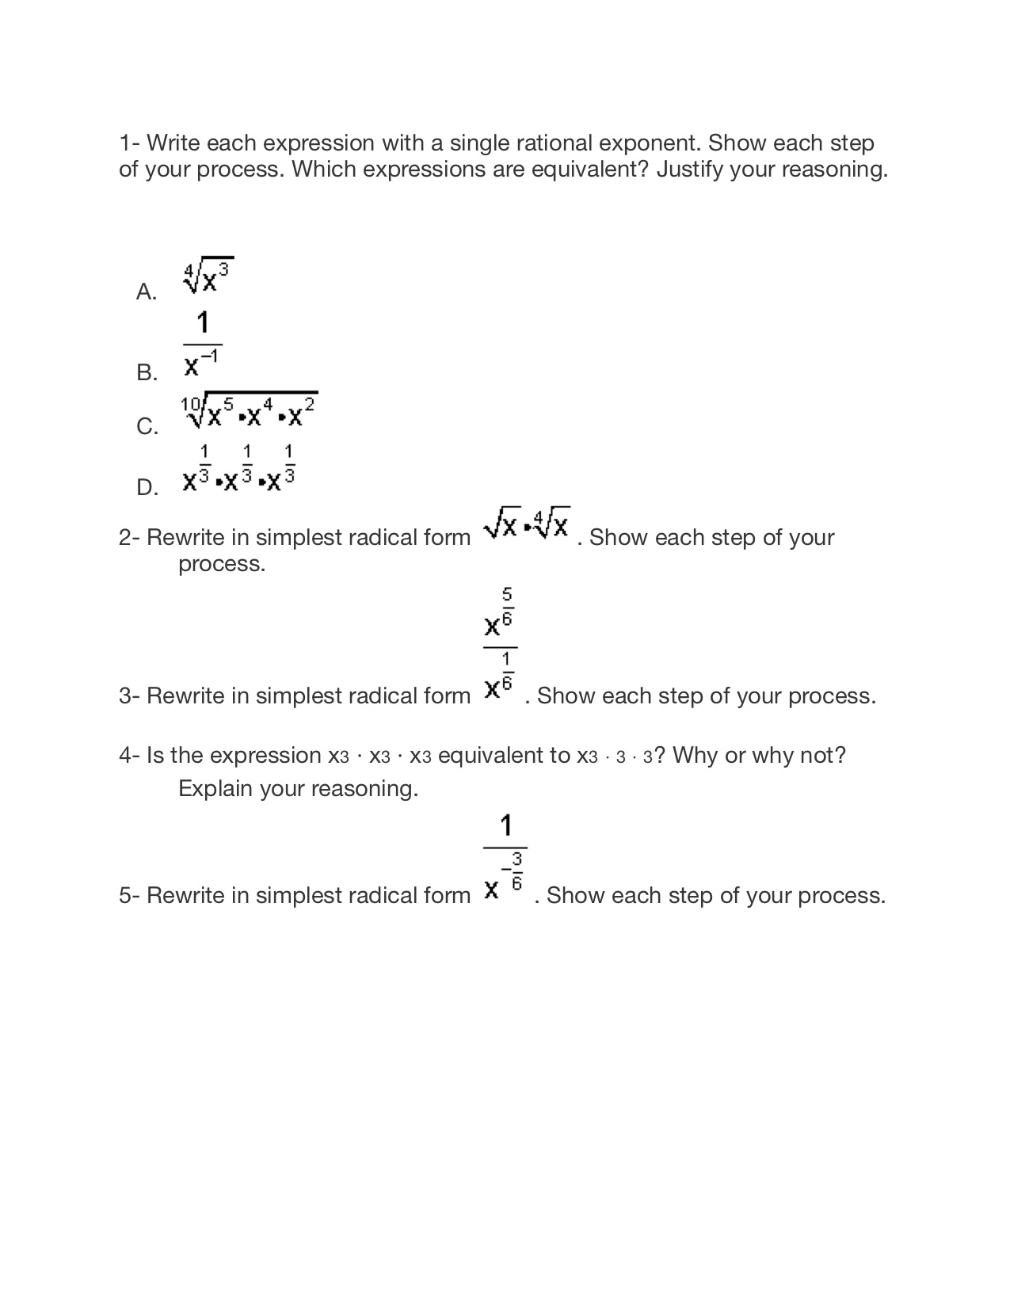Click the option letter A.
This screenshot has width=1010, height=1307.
point(146,292)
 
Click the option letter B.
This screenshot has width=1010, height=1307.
point(147,372)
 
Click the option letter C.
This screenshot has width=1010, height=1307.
point(147,427)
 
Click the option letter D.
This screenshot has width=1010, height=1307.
point(147,487)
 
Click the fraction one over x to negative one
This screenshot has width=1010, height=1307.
point(202,345)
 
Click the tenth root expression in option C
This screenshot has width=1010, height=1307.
point(250,410)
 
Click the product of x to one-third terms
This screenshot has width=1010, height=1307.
point(239,469)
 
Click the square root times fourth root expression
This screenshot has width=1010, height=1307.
point(527,523)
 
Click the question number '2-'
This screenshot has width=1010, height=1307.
point(129,538)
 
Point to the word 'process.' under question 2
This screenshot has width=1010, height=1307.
point(222,564)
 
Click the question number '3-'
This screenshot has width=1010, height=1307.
point(129,696)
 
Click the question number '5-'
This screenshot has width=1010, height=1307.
point(129,896)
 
